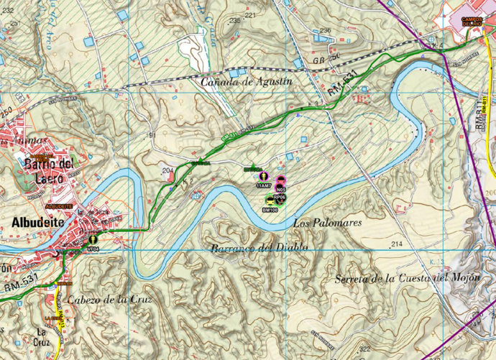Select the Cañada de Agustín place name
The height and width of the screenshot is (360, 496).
tap(247, 81)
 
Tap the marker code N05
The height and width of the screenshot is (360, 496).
tap(281, 190)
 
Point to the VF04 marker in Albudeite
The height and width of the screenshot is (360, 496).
tap(92, 249)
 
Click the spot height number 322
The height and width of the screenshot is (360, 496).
tap(365, 349)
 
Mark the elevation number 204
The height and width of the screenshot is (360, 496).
tap(169, 170)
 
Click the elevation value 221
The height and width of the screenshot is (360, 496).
tap(250, 15)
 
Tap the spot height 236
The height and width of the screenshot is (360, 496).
tap(325, 30)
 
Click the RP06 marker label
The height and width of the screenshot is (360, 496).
tap(280, 196)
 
